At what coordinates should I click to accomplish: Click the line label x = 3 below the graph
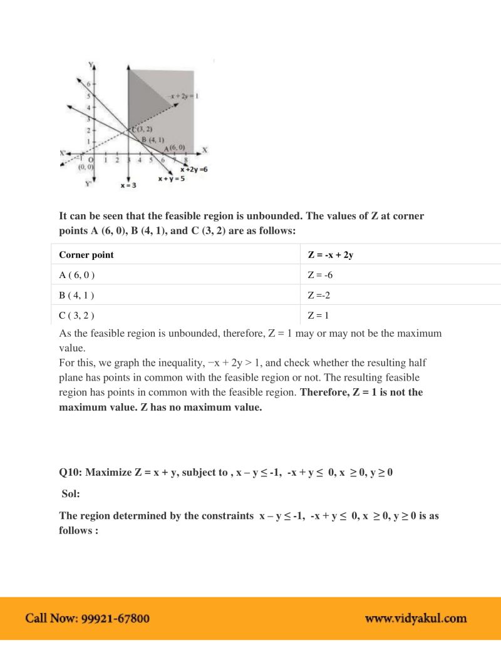(x=128, y=186)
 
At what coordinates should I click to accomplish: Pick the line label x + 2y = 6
(x=194, y=170)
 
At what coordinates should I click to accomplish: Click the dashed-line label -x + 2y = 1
(x=183, y=96)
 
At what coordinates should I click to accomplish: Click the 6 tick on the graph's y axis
(x=88, y=84)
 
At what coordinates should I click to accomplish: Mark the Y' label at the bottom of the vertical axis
(x=88, y=184)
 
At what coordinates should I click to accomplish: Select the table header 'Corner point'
(x=86, y=255)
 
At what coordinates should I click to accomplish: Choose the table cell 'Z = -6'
(x=320, y=275)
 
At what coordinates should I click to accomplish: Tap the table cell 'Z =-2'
(x=319, y=295)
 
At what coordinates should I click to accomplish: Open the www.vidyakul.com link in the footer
(x=416, y=619)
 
